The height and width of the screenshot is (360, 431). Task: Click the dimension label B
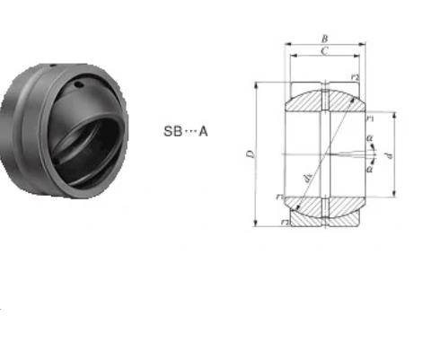click(324, 39)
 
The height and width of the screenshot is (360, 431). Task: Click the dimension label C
click(324, 53)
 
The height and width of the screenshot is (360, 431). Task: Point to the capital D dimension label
click(250, 155)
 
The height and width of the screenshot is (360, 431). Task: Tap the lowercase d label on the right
click(388, 156)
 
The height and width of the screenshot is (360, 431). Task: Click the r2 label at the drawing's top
click(356, 78)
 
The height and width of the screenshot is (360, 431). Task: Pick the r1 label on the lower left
click(281, 197)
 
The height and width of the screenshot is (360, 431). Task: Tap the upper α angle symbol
click(370, 137)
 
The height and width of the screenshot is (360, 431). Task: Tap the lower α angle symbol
click(370, 167)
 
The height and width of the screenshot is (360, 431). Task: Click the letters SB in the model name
click(172, 131)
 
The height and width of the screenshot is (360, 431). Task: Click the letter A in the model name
click(203, 131)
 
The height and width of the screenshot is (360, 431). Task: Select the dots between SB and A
click(189, 131)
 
